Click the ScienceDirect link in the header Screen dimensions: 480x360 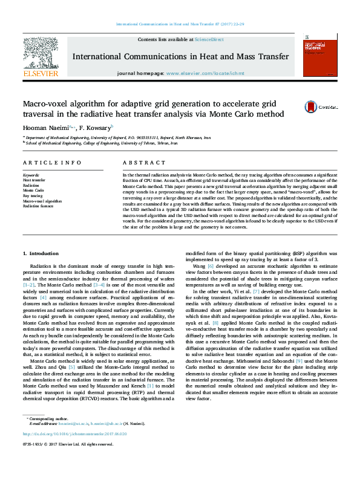coord(209,39)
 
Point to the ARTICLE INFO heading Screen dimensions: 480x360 coord(52,163)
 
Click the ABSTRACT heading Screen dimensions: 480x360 coord(140,163)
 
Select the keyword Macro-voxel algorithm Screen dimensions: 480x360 coord(42,201)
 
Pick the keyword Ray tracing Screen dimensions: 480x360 coord(33,195)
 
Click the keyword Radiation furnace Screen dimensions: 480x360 coord(38,206)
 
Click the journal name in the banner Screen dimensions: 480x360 coord(180,56)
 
